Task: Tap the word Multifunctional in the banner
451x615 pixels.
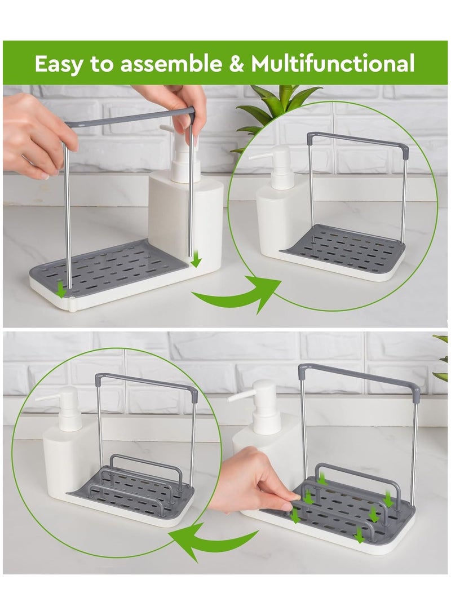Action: click(333, 63)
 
